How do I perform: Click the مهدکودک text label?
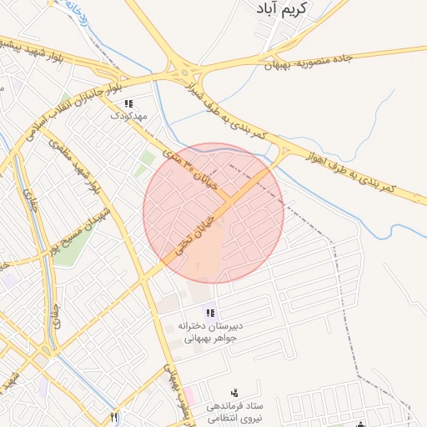[128, 118]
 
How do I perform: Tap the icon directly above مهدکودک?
[128, 104]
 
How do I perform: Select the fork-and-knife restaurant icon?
[114, 418]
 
